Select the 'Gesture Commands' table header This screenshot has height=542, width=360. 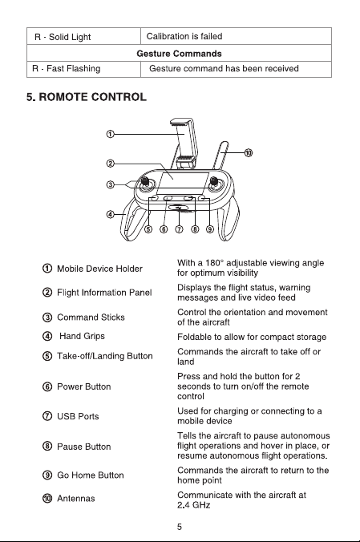[179, 54]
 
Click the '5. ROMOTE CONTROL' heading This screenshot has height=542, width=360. [87, 97]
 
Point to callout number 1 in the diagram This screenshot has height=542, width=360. [110, 134]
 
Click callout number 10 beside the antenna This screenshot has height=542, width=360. [249, 152]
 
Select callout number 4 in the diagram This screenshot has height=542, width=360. [110, 215]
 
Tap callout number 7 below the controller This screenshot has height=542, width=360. [179, 229]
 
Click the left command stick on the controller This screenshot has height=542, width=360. [145, 182]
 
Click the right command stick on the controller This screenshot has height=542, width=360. [214, 182]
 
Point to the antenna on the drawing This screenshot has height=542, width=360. [220, 156]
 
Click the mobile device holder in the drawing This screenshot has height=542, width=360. [184, 143]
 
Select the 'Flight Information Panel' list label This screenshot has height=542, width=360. [104, 293]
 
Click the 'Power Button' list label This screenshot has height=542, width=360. [84, 386]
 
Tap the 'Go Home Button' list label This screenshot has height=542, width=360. [91, 475]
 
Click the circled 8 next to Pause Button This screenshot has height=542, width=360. [47, 447]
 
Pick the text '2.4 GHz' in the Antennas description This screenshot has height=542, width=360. [194, 505]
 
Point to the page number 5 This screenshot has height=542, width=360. [180, 527]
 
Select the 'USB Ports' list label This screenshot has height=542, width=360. [78, 416]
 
